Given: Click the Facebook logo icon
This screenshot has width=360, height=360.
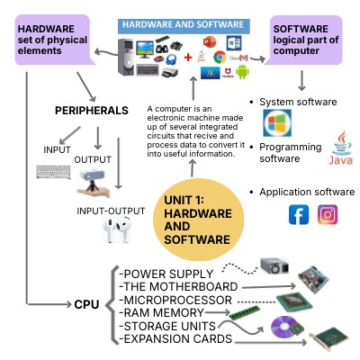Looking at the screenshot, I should pos(299,215).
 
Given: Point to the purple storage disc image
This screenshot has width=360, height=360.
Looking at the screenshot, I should pos(287,330).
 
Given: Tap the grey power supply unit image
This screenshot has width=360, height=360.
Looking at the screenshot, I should pos(274,267).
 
